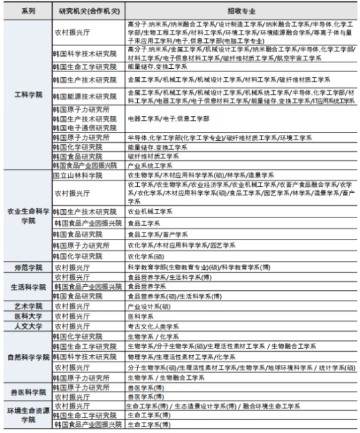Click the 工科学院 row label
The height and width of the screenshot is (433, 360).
click(27, 95)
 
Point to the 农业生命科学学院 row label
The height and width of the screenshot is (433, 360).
click(27, 217)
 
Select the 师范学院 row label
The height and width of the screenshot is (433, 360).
click(27, 267)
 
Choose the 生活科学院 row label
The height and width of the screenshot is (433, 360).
click(27, 286)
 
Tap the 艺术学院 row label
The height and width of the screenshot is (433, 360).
click(27, 306)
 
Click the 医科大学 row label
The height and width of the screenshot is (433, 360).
click(27, 315)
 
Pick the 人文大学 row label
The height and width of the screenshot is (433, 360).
click(27, 326)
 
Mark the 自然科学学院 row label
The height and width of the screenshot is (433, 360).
click(27, 357)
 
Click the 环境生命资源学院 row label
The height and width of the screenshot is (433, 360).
click(27, 415)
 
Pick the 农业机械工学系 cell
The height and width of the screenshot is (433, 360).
click(150, 212)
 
